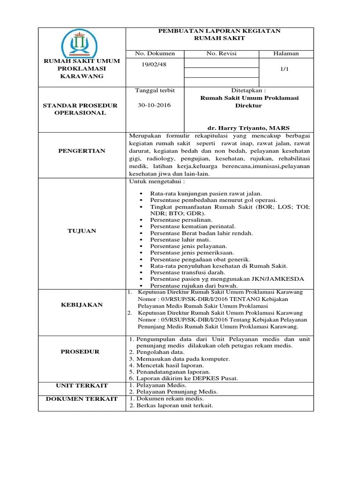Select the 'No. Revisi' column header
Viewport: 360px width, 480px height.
point(221,53)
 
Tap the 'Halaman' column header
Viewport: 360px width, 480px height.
point(286,53)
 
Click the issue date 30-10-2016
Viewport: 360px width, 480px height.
point(154,105)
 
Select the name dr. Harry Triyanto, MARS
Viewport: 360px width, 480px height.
point(248,128)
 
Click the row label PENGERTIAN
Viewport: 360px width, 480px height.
point(82,151)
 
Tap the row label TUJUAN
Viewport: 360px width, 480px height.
point(82,231)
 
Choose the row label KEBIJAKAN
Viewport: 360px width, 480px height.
point(82,305)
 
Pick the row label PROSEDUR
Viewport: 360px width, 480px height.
point(82,352)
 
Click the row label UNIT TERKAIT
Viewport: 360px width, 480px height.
point(82,385)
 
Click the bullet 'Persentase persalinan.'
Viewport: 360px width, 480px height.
point(181,219)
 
